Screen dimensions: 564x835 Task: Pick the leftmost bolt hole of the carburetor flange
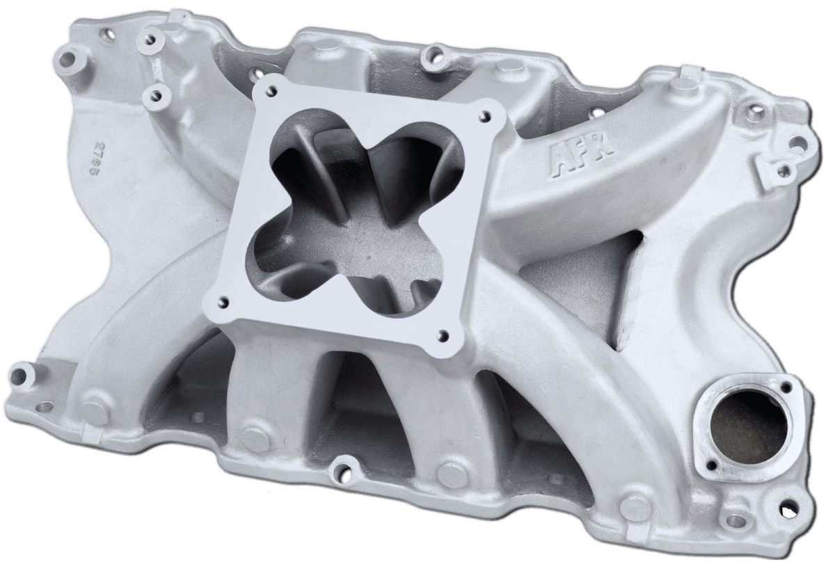tap(224, 301)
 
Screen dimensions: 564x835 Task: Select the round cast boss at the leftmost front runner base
tap(90, 401)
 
